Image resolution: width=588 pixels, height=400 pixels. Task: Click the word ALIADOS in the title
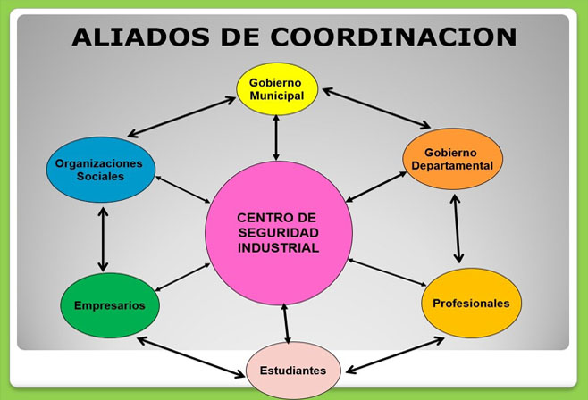point(140,37)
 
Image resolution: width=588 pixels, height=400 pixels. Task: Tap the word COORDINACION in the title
point(393,37)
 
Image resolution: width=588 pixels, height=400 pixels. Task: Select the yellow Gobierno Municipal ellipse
point(277,89)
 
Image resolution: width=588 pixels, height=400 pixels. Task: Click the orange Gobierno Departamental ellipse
point(453,159)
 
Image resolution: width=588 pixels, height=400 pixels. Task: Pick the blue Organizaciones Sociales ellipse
point(100,170)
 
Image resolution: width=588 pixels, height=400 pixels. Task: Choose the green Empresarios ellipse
point(110,305)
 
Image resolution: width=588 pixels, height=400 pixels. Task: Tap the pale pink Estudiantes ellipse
point(293,371)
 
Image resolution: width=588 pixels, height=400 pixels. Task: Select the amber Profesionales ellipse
point(471,303)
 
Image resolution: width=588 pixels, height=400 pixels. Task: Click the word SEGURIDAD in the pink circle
point(278,232)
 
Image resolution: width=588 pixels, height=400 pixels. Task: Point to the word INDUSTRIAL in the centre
point(278,247)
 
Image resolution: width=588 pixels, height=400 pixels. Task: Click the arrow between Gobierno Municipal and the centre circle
point(276,137)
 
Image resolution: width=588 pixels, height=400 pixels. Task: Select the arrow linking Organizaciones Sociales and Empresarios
point(103,239)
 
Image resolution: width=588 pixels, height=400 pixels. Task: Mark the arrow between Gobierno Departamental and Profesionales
point(457,229)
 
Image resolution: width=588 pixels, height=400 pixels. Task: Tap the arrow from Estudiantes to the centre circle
point(286,323)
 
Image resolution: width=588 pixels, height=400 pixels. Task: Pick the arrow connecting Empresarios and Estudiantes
point(191,357)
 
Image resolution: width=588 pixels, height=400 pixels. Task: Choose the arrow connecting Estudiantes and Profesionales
point(395,355)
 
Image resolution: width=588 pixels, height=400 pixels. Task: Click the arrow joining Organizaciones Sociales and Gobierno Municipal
point(181,116)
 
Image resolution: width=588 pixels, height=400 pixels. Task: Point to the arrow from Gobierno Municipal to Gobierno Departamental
point(376,108)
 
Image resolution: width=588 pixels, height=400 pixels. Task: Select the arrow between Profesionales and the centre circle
point(387,272)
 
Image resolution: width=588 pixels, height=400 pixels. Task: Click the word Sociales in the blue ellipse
point(100,177)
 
